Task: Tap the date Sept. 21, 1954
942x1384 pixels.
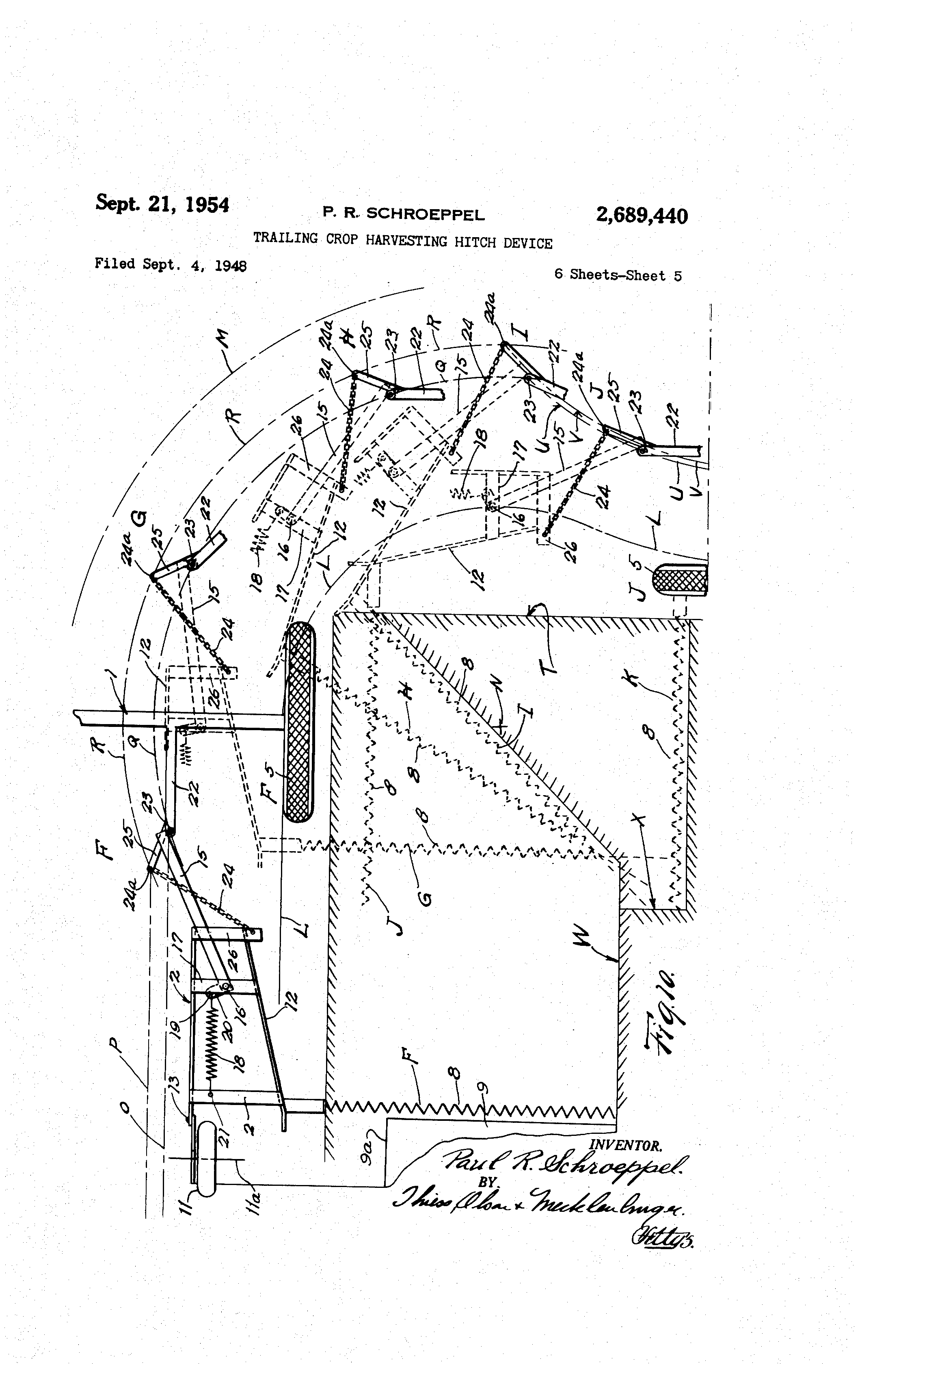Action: pyautogui.click(x=162, y=204)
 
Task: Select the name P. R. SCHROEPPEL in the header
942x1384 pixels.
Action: pyautogui.click(x=403, y=214)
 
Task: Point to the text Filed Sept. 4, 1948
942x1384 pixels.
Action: pyautogui.click(x=170, y=264)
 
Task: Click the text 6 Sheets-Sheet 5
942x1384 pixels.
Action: pyautogui.click(x=618, y=275)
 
